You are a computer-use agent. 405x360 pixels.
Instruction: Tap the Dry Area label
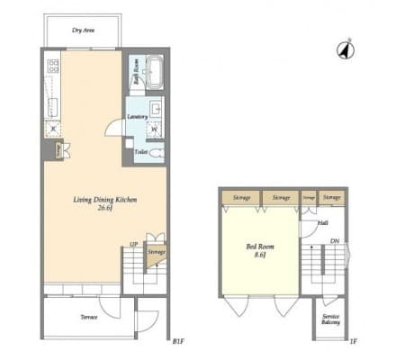point(84,30)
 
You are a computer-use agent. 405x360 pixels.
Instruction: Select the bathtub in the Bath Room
point(152,70)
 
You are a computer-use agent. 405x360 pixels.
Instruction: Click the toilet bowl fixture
point(157,152)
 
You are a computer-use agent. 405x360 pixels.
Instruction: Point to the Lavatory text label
point(137,117)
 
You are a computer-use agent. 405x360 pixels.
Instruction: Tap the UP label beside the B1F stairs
point(133,243)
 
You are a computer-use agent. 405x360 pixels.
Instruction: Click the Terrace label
point(88,318)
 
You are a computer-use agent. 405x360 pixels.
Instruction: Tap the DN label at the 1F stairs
point(335,241)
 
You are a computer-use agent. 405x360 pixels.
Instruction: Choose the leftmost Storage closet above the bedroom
point(240,196)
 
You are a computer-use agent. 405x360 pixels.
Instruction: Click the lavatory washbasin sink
point(155,112)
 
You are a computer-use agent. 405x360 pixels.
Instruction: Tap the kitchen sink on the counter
point(52,103)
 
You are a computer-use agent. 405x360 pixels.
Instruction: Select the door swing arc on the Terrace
point(109,306)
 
